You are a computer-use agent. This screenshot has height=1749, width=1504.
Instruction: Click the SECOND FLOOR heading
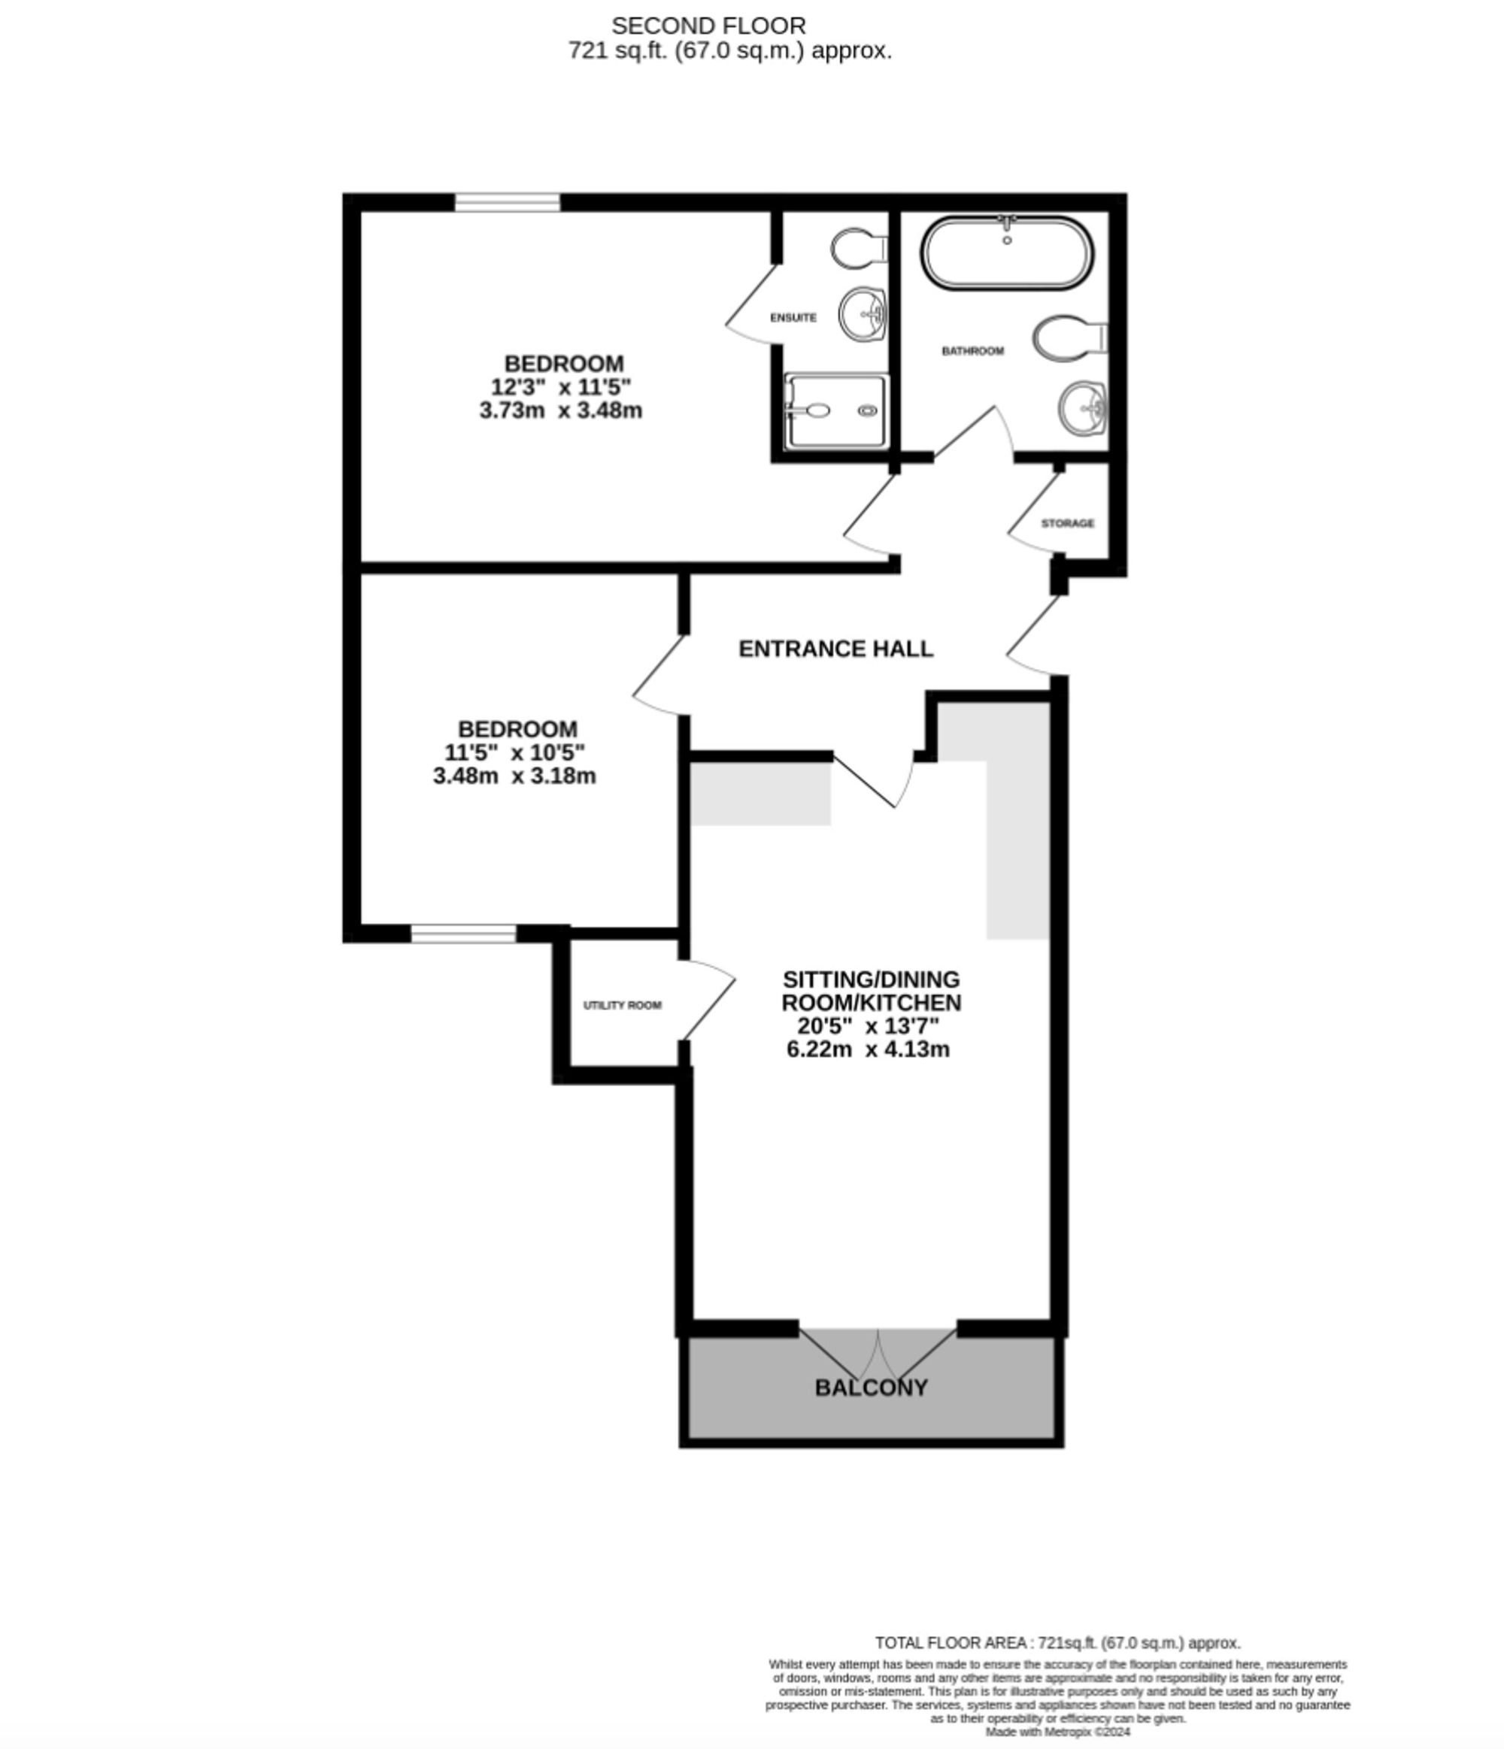(708, 26)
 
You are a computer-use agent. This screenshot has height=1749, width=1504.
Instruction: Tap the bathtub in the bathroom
(1007, 253)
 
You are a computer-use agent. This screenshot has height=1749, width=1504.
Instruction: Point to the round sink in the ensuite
(861, 314)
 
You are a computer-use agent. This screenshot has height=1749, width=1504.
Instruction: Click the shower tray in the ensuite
(836, 411)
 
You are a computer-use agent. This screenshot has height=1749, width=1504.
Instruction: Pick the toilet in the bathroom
(1070, 338)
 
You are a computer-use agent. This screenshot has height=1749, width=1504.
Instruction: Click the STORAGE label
(1067, 523)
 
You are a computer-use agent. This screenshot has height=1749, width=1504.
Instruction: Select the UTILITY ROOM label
(623, 1006)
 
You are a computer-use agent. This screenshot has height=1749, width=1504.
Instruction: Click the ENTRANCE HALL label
(836, 649)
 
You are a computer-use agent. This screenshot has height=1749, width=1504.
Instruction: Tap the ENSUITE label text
(793, 317)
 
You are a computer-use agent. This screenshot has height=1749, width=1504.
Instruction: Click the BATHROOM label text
(973, 351)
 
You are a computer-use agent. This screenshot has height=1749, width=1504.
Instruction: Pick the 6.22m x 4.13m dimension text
(868, 1049)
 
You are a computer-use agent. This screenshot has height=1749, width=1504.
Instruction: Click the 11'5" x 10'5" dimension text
(515, 752)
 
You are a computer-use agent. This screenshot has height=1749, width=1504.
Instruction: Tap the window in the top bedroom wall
(508, 203)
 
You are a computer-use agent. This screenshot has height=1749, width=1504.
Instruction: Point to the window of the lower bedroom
(464, 934)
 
